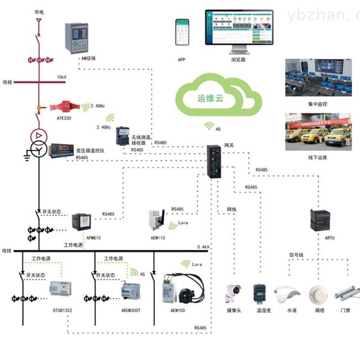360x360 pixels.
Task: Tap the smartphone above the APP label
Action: [x=182, y=32]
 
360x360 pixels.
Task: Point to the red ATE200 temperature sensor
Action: [x=65, y=107]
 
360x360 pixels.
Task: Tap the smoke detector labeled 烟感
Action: [x=318, y=294]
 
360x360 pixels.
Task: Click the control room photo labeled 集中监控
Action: [x=318, y=77]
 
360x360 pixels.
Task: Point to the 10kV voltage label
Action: [x=61, y=77]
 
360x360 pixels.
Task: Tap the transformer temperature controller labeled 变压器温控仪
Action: [x=61, y=150]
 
